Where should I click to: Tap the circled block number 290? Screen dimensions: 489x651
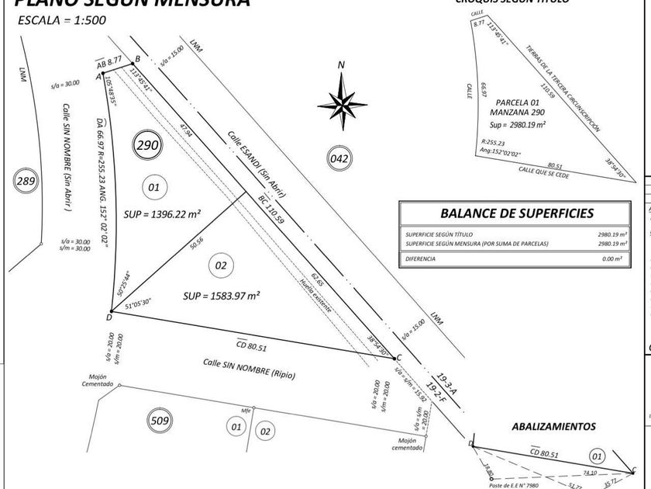(147, 145)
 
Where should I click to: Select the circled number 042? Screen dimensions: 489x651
(339, 159)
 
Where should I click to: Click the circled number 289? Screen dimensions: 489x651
(26, 182)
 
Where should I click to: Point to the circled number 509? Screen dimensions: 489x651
(160, 421)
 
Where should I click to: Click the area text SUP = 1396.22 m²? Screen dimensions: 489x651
(163, 213)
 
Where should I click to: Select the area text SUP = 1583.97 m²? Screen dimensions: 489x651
(222, 296)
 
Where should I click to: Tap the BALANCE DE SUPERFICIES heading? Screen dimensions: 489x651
(517, 213)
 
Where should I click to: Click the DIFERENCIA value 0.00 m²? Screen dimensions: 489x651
(614, 258)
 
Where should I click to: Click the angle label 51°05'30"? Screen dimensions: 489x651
(137, 303)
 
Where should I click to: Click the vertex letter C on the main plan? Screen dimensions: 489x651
(399, 358)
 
